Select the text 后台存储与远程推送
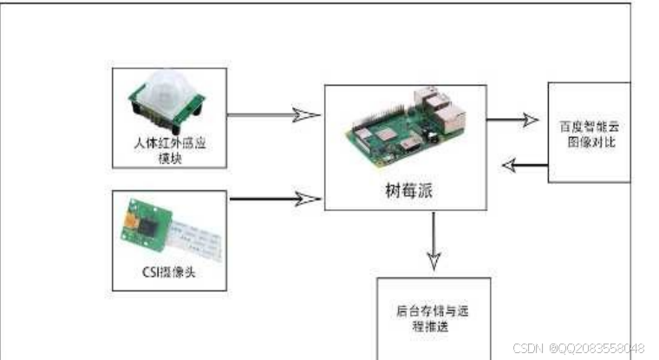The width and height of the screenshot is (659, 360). click(433, 314)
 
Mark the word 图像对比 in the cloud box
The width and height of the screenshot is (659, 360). click(595, 141)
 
